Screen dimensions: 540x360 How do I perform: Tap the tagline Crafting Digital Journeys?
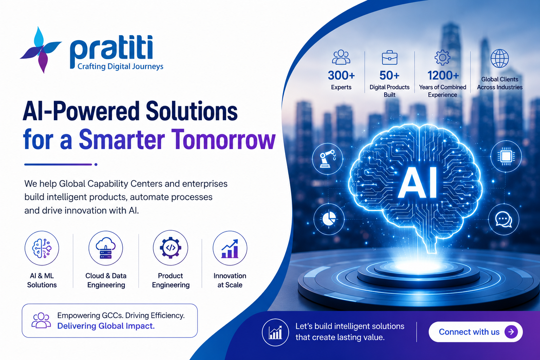pos(120,66)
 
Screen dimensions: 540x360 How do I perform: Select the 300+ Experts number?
pos(341,76)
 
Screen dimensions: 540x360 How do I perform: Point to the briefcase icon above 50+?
pos(390,57)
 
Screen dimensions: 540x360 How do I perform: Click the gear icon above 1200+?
pos(442,58)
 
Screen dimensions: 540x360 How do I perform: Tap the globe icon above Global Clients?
pos(500,58)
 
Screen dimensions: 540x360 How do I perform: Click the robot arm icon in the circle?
pos(327,159)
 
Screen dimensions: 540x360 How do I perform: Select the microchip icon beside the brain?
pos(506,156)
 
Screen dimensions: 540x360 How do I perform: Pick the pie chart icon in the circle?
pos(329,219)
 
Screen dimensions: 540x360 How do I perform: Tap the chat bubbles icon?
pos(503,219)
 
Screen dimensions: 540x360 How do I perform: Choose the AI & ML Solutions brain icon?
pos(42,248)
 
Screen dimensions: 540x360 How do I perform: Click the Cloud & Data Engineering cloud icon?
pos(105,248)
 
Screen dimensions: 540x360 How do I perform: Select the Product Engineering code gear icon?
pos(171,248)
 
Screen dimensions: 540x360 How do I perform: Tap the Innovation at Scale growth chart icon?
pos(230,248)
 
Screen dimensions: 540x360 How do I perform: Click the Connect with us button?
pos(475,332)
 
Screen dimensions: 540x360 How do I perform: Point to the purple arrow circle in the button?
pos(511,332)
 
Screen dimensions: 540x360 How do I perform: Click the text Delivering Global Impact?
pos(106,326)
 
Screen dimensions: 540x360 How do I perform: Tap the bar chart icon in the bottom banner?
pos(275,332)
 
